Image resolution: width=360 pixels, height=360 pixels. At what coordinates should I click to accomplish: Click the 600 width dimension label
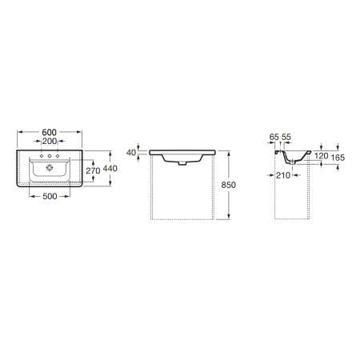[50, 132]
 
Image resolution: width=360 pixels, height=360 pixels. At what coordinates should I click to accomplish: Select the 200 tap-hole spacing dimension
[50, 141]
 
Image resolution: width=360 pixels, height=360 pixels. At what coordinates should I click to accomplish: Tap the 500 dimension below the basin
[50, 196]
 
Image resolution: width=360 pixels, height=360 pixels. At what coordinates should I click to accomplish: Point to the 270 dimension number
[93, 170]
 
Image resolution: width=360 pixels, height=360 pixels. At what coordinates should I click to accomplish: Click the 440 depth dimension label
[110, 168]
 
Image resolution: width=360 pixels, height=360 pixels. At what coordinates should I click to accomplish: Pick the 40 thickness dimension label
[131, 153]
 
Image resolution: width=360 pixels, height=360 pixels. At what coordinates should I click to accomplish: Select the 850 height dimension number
[229, 185]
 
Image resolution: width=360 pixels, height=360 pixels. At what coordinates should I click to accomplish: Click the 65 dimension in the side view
[274, 137]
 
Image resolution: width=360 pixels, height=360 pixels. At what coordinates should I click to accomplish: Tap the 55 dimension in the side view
[286, 137]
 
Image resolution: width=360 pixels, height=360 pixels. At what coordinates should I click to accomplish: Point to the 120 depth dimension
[322, 156]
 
